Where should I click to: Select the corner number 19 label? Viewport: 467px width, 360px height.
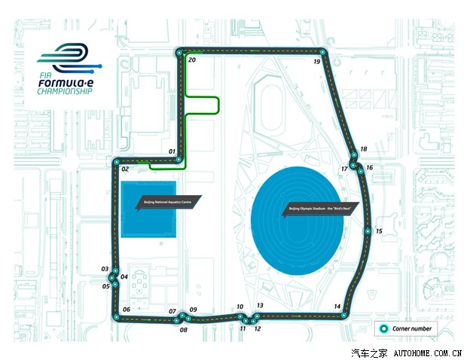tap(317, 62)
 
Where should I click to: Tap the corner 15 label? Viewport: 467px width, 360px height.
tap(379, 231)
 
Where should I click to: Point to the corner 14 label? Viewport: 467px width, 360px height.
tap(337, 306)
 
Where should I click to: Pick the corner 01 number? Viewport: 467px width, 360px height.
tap(172, 152)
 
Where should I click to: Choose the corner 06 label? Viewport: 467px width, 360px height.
tap(126, 310)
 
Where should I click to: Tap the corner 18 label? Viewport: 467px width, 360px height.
tap(364, 150)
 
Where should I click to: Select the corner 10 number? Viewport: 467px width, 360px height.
tap(240, 307)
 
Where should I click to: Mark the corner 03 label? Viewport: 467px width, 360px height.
tap(105, 269)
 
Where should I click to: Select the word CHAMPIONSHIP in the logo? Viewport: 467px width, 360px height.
tap(64, 91)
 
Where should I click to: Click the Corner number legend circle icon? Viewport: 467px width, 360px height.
tap(383, 328)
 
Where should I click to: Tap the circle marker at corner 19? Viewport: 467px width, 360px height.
tap(324, 53)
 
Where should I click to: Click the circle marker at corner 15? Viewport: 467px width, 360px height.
tap(367, 232)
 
